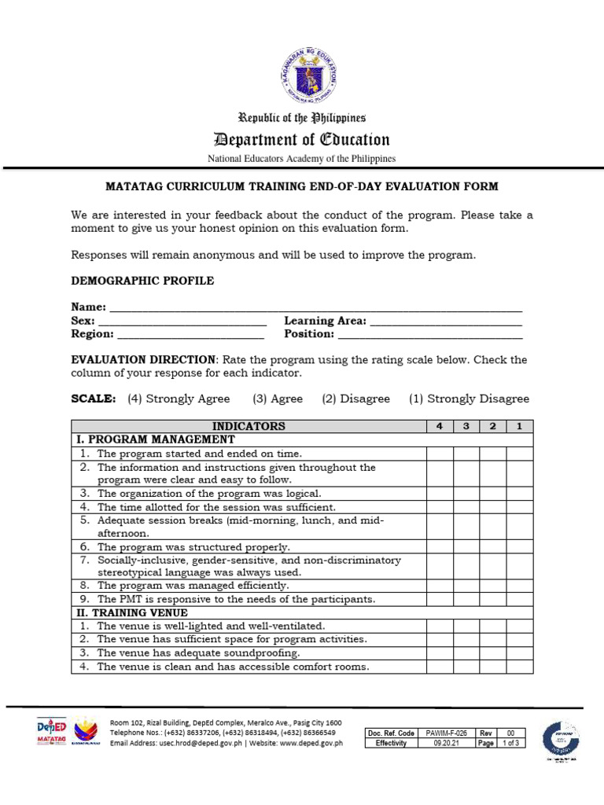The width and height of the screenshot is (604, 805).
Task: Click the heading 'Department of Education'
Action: tap(302, 140)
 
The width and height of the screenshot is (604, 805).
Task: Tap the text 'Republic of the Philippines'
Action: tap(302, 118)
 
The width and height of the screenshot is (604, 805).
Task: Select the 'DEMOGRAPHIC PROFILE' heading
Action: tap(142, 281)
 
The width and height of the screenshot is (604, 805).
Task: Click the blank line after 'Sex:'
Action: tap(182, 322)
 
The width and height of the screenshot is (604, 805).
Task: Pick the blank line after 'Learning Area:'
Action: tap(446, 322)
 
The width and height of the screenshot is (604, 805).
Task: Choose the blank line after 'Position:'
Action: tap(429, 335)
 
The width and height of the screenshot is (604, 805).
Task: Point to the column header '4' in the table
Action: tap(440, 426)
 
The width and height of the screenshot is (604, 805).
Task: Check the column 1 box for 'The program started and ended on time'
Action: tap(519, 454)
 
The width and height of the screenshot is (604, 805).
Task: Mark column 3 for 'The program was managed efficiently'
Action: tap(466, 586)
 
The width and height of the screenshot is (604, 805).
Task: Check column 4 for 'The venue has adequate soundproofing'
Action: tap(440, 653)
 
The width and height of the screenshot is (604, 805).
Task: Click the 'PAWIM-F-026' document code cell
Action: tap(445, 733)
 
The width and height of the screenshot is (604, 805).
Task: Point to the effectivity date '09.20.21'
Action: tap(445, 743)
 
